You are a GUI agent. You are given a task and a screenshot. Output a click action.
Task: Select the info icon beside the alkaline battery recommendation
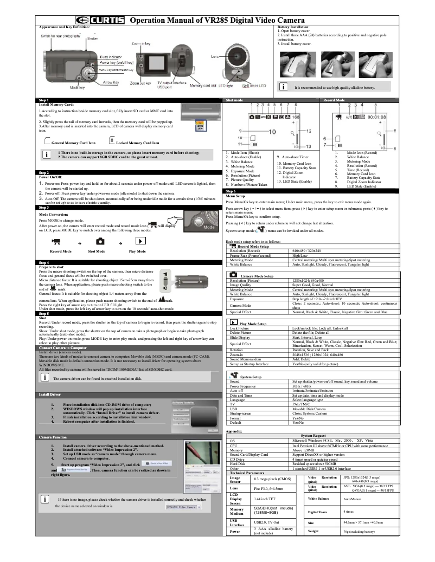click(284, 87)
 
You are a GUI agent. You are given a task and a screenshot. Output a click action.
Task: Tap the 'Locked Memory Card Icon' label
click(137, 143)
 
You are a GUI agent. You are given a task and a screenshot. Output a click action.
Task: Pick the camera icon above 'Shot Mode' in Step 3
click(100, 241)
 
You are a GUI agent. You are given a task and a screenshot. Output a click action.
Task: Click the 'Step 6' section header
click(231, 191)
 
